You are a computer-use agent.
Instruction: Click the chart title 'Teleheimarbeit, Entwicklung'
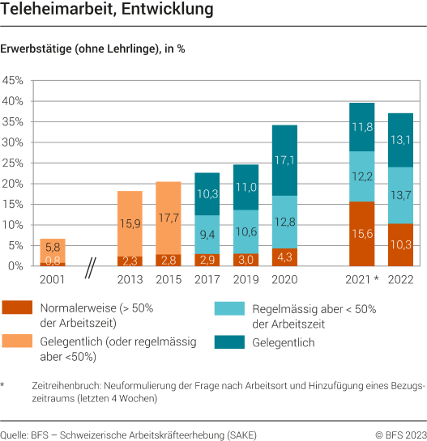click(x=108, y=11)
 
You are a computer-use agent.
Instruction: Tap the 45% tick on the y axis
click(x=14, y=81)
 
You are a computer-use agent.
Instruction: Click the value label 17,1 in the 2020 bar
click(x=285, y=160)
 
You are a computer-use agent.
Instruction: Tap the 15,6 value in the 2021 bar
click(x=361, y=234)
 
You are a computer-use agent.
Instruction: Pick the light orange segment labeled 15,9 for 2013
click(x=130, y=223)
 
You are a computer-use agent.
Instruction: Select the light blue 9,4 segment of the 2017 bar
click(x=207, y=235)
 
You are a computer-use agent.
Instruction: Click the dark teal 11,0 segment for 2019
click(x=246, y=187)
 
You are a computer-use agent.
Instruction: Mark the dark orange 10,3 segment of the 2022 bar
click(x=400, y=244)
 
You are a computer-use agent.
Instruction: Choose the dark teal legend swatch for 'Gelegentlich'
click(x=228, y=342)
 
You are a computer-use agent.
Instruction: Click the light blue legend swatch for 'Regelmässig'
click(x=228, y=309)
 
